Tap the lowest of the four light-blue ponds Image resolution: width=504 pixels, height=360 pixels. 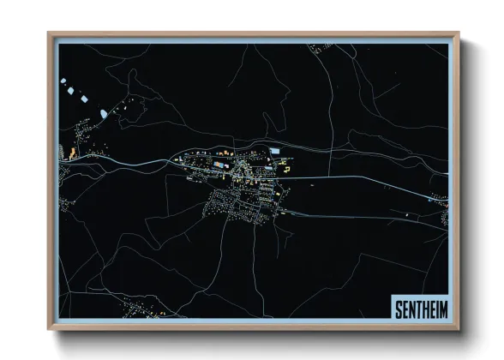[103, 113]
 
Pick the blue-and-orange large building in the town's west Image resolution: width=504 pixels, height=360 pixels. [220, 163]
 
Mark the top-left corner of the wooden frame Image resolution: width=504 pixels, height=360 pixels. [49, 33]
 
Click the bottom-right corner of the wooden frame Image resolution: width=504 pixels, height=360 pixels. [459, 329]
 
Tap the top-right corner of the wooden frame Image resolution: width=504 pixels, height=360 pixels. [459, 33]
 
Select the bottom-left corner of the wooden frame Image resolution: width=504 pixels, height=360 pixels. [49, 329]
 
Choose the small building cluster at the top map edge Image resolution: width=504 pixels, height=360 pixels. [322, 48]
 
